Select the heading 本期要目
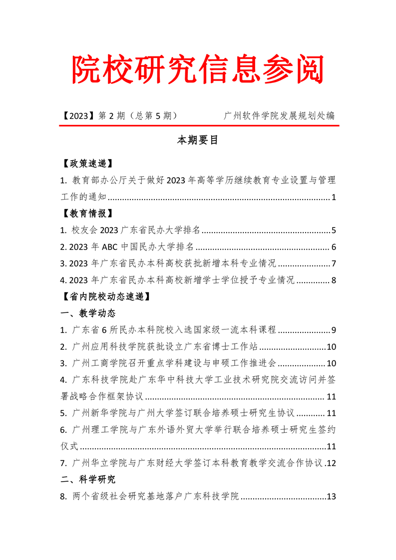click(198, 140)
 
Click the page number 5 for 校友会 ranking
click(333, 231)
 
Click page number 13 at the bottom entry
click(331, 497)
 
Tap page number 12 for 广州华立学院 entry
click(331, 463)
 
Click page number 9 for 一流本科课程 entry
click(333, 330)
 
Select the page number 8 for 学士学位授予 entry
click(333, 280)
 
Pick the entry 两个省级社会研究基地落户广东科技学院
click(156, 497)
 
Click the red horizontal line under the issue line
click(198, 126)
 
